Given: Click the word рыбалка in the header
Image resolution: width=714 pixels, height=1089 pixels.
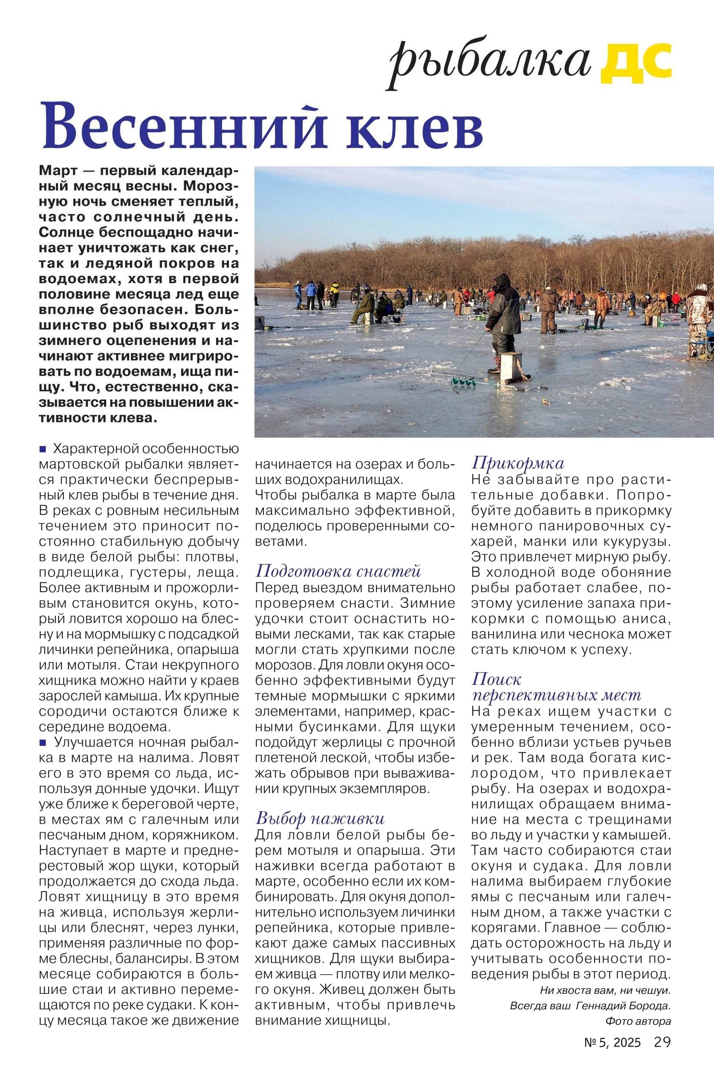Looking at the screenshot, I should point(490,63).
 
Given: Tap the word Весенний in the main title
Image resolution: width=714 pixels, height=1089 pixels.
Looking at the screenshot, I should point(183,125).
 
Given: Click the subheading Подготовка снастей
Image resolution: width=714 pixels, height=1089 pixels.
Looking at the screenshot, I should point(338,571).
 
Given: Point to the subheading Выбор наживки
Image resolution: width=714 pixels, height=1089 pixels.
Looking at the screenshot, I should point(320,818).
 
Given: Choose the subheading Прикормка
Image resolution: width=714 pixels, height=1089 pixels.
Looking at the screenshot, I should point(517,463).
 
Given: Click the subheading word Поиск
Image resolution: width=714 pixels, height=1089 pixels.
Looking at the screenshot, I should point(496,679).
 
